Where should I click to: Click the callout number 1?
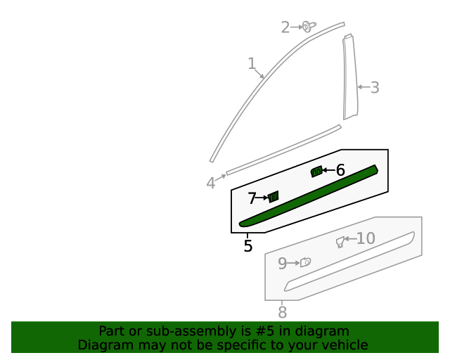tap(252, 64)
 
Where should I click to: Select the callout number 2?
tap(285, 27)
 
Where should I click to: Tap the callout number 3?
tap(375, 87)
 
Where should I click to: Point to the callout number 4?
tap(211, 184)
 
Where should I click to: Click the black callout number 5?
tap(247, 246)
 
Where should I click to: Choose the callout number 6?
tap(340, 170)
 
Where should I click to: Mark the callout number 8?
tap(282, 311)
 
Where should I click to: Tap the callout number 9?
tap(282, 264)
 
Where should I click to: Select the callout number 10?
tap(366, 239)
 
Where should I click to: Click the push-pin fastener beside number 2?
tap(308, 27)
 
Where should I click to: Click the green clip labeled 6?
tap(316, 171)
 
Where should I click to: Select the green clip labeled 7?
tap(274, 196)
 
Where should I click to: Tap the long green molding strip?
tap(309, 196)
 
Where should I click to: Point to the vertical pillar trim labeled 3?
tap(349, 77)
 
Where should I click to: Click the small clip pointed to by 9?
tap(305, 262)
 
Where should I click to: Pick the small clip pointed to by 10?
tap(340, 242)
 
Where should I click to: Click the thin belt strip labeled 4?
tap(281, 149)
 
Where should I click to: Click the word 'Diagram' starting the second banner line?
tap(101, 345)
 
